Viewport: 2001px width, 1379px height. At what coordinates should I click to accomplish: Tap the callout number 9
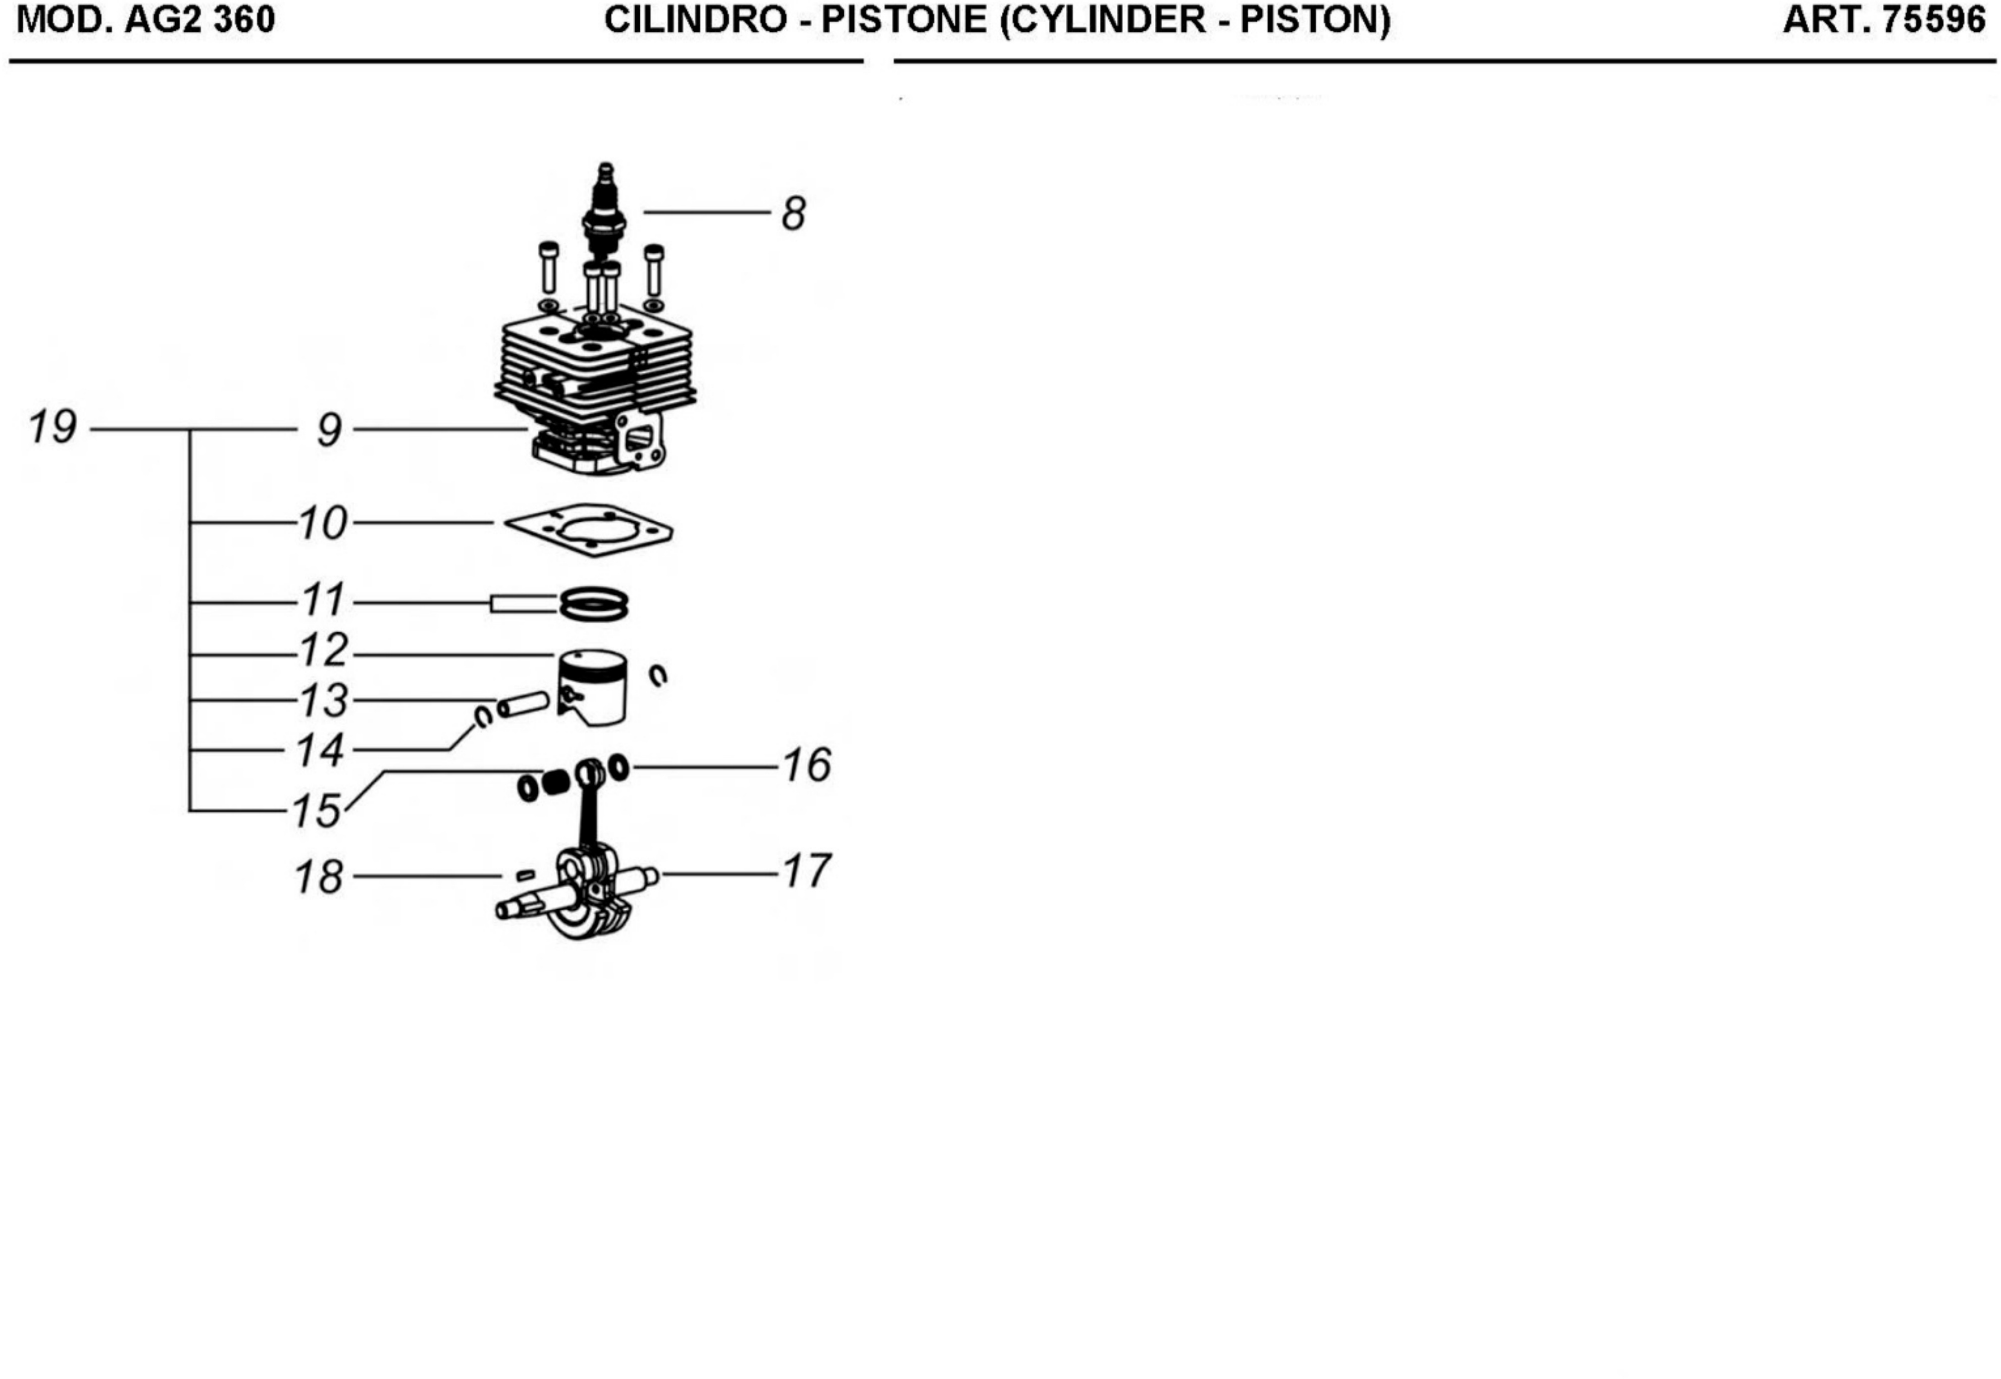tap(329, 430)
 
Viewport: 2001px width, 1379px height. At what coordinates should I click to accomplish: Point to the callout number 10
tap(323, 524)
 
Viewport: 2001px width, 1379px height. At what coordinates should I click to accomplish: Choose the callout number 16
tap(806, 765)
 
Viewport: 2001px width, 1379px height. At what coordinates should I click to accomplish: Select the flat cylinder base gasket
tap(588, 530)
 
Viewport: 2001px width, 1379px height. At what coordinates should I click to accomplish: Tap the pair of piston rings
tap(594, 604)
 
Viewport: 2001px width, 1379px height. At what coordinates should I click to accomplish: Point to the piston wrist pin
tap(524, 704)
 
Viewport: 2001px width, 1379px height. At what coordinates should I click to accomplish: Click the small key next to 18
tap(524, 875)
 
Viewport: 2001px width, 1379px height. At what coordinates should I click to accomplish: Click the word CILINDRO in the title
tap(695, 20)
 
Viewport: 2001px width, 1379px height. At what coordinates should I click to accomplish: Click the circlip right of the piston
tap(658, 676)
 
